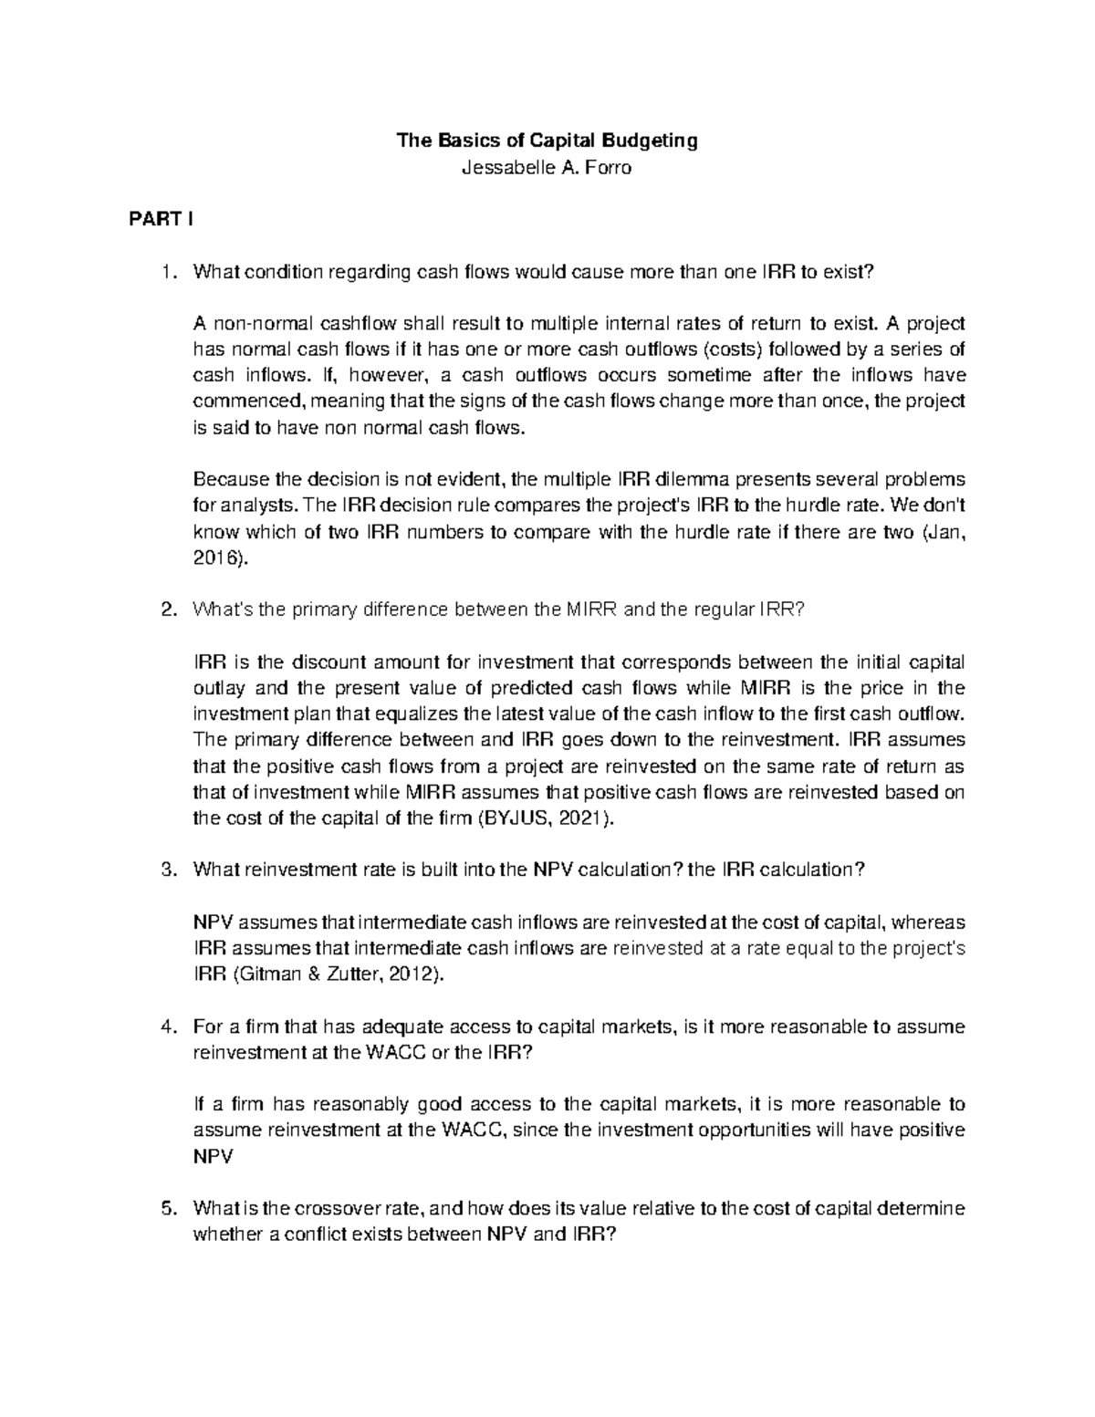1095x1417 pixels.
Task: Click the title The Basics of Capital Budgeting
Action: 546,141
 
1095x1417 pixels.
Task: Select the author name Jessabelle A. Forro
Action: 547,168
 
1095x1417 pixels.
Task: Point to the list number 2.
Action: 165,610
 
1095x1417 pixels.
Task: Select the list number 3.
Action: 165,870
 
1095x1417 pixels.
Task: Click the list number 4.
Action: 165,1026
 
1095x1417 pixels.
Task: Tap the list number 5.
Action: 165,1209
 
